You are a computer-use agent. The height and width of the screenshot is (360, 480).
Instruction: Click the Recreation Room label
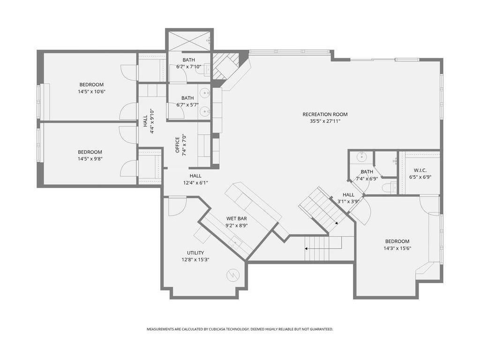pyautogui.click(x=325, y=114)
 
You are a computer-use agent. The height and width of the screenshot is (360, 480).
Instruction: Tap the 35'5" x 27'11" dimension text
pyautogui.click(x=325, y=121)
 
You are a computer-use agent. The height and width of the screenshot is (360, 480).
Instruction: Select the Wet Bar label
pyautogui.click(x=237, y=218)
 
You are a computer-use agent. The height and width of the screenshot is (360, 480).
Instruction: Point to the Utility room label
pyautogui.click(x=195, y=253)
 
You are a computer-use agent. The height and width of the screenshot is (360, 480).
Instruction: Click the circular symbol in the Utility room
pyautogui.click(x=232, y=275)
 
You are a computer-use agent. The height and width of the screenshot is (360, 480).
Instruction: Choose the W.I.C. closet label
pyautogui.click(x=420, y=170)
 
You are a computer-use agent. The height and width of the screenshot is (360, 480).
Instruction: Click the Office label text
pyautogui.click(x=177, y=145)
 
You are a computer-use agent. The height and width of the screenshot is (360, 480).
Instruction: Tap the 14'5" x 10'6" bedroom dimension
pyautogui.click(x=91, y=91)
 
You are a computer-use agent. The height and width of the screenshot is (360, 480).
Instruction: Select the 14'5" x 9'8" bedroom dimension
pyautogui.click(x=90, y=159)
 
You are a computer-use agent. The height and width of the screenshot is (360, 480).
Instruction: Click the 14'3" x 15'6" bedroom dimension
pyautogui.click(x=397, y=248)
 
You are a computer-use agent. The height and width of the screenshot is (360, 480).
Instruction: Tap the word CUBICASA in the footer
pyautogui.click(x=220, y=330)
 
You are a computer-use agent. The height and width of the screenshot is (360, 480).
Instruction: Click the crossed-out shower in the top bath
pyautogui.click(x=188, y=40)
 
